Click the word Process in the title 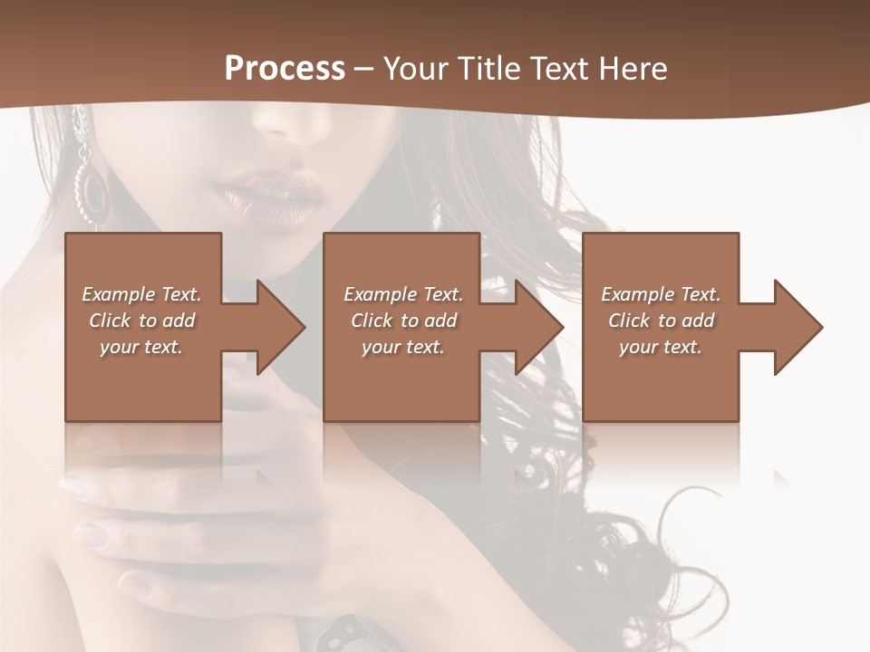(x=285, y=69)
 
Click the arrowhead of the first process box (x=277, y=327)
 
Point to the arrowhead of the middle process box (x=536, y=327)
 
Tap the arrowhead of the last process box (x=795, y=327)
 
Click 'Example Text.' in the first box (x=141, y=294)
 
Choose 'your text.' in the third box (x=660, y=347)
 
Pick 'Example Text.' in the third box (x=660, y=294)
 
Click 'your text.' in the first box (x=141, y=347)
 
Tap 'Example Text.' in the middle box (x=402, y=294)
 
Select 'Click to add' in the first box (x=141, y=321)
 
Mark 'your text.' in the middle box (x=402, y=347)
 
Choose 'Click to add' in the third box (x=660, y=321)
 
